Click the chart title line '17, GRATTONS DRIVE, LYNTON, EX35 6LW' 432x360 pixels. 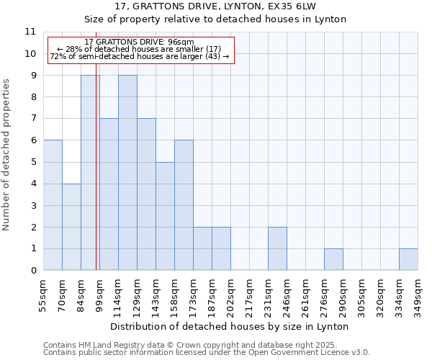tap(215, 6)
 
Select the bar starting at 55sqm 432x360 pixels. tap(53, 205)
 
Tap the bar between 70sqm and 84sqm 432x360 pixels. tap(71, 227)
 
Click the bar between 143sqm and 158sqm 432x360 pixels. tap(165, 216)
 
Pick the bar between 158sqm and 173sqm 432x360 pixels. tap(184, 205)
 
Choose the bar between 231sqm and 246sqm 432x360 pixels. tap(277, 248)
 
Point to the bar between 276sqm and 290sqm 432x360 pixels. tap(333, 259)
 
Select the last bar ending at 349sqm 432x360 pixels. tap(408, 259)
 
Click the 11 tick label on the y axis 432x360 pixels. tap(30, 32)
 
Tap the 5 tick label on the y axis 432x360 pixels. tap(32, 162)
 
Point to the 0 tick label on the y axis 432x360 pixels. tap(32, 271)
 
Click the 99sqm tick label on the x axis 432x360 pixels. tap(99, 294)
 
